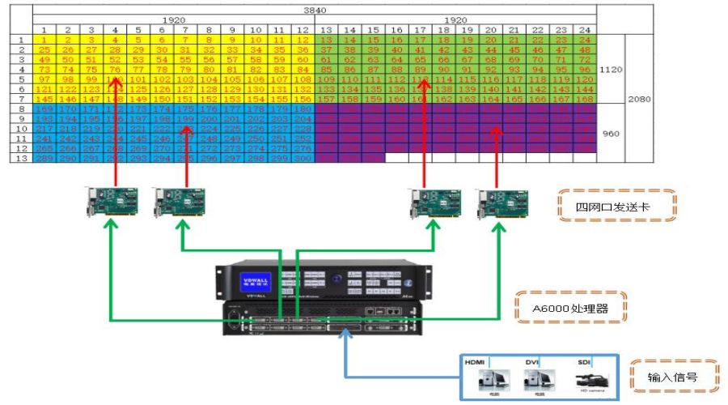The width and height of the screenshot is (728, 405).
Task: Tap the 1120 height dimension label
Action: click(611, 70)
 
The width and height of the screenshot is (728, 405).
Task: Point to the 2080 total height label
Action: click(639, 98)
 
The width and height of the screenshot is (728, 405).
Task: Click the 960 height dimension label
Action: click(611, 133)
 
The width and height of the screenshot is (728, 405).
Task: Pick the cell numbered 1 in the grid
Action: click(44, 40)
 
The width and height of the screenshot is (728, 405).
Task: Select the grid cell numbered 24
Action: click(584, 40)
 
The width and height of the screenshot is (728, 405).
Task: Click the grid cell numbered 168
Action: click(584, 99)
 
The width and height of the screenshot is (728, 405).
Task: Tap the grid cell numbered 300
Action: click(302, 158)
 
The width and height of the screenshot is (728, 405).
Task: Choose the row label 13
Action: click(20, 158)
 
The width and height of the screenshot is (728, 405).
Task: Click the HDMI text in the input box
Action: click(476, 360)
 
